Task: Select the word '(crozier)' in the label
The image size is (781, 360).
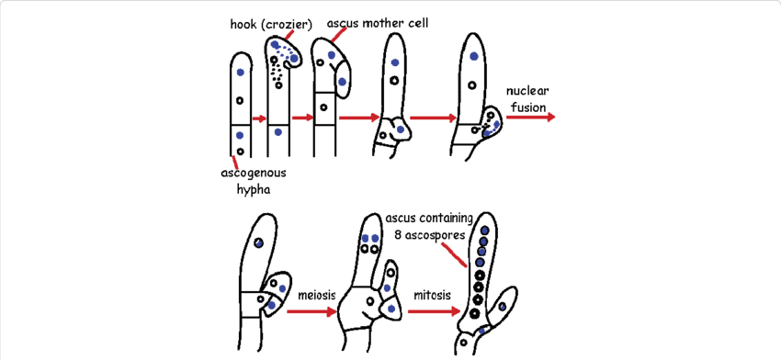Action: click(287, 24)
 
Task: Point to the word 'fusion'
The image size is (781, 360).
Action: click(527, 108)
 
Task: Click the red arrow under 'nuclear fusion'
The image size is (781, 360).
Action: click(530, 118)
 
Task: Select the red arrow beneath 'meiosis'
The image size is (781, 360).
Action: click(312, 312)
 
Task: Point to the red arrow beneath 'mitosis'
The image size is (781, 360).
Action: click(434, 312)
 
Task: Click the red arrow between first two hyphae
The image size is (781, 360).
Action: click(260, 118)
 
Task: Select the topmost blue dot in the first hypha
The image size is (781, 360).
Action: click(241, 72)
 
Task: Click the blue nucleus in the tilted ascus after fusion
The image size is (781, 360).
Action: click(260, 242)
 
